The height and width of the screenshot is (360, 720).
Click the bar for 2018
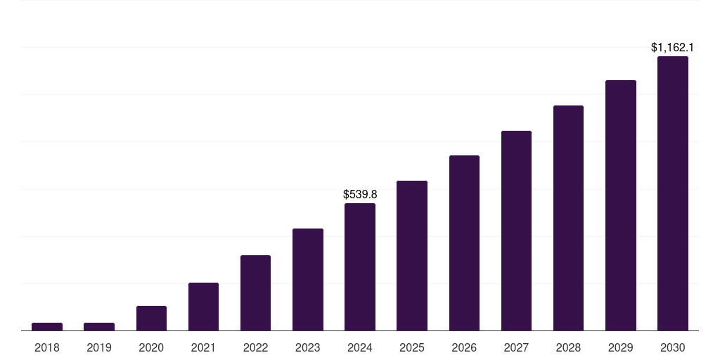point(47,326)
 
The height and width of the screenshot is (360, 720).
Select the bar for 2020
point(151,318)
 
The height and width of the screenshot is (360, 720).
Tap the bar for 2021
point(203,307)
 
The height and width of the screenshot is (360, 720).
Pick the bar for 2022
point(255,292)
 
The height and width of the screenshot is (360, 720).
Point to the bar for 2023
point(308,279)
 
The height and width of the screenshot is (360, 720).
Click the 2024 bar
point(360,266)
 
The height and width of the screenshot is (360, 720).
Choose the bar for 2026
point(464,243)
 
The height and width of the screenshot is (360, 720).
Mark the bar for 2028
point(568,218)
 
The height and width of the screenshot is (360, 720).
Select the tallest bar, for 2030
point(673,193)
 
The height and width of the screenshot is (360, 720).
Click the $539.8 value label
point(360,194)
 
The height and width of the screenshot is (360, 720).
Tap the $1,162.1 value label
point(672,48)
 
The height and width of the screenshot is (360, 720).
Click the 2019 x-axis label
point(99,347)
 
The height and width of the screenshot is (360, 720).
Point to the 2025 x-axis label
point(412,347)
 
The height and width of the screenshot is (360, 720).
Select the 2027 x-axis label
point(516,347)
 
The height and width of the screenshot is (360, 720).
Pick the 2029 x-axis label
point(620,347)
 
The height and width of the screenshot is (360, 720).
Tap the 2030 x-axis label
point(673,347)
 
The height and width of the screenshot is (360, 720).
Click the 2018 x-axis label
point(47,347)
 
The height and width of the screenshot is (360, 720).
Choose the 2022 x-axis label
point(255,347)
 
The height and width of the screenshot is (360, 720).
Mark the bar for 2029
point(620,205)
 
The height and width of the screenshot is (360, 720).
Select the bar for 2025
point(412,255)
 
